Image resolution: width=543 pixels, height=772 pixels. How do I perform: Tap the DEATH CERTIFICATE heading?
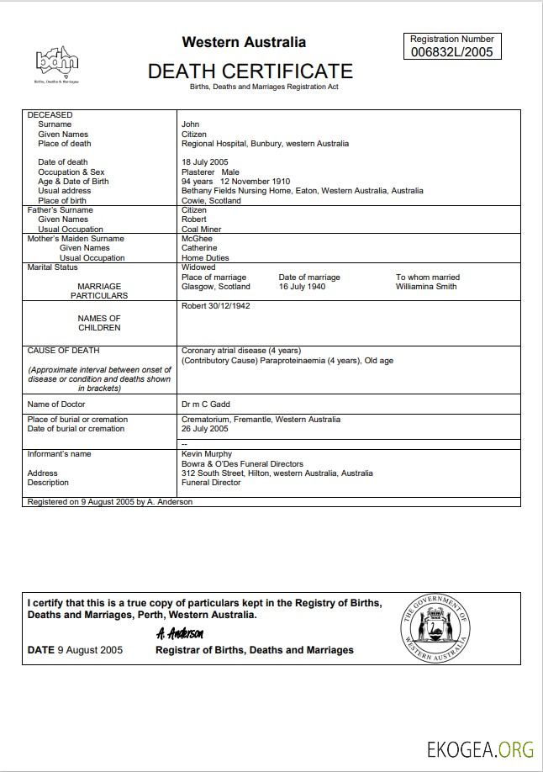[250, 71]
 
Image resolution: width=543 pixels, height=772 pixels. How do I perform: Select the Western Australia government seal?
[436, 628]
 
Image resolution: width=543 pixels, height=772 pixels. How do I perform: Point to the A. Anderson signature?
[180, 633]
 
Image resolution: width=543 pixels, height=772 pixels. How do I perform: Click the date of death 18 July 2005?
[205, 162]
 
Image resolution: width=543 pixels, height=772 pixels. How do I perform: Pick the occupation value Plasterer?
[198, 172]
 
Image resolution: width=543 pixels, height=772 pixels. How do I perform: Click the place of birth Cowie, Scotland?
[211, 201]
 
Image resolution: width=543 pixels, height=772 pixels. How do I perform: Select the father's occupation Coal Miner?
[202, 230]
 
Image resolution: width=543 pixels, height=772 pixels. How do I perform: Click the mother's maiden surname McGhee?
[198, 239]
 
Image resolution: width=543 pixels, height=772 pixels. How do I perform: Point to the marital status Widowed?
[198, 267]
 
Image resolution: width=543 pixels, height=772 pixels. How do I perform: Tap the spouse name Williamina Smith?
[426, 287]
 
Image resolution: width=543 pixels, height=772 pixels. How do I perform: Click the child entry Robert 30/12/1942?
[216, 306]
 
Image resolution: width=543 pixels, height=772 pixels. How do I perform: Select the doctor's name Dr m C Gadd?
[206, 405]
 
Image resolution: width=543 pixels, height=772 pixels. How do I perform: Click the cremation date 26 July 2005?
[205, 429]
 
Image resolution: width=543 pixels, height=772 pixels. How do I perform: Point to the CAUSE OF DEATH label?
[63, 351]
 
